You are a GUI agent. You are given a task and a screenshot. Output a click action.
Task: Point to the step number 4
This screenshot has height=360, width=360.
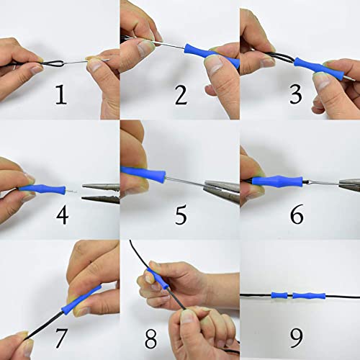62,215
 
